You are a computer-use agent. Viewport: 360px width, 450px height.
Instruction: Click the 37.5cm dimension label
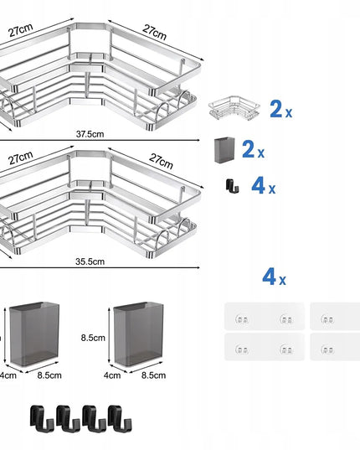tap(90, 134)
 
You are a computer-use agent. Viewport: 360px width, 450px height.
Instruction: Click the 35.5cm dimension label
tap(90, 261)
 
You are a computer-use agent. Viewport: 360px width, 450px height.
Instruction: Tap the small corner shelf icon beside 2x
tap(234, 107)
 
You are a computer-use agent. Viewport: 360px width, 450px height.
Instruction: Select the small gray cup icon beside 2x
tap(224, 150)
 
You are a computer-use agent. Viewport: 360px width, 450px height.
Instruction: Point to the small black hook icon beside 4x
tap(232, 186)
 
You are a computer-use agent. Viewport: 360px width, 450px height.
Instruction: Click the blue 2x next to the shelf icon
tap(281, 109)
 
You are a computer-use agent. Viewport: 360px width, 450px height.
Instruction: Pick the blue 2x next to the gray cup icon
tap(253, 149)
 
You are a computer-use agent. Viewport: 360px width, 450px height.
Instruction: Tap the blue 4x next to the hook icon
tap(264, 185)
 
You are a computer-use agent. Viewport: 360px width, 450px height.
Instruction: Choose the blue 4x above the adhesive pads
tap(274, 277)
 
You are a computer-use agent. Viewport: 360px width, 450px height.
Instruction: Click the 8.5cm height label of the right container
tap(93, 338)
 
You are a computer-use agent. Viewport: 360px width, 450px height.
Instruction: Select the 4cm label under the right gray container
tap(112, 375)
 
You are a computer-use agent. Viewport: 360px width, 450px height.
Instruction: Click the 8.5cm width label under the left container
tap(49, 375)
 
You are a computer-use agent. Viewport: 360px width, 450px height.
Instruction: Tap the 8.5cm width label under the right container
tap(153, 375)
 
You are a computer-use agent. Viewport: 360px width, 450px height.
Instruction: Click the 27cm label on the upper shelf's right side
tap(155, 33)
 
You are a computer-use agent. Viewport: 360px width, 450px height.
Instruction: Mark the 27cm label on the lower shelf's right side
tap(161, 161)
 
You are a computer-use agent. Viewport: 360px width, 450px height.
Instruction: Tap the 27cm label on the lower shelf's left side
tap(20, 158)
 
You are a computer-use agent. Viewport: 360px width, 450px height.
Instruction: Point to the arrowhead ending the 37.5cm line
tap(198, 140)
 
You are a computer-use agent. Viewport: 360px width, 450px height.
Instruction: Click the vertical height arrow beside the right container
tap(109, 336)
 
